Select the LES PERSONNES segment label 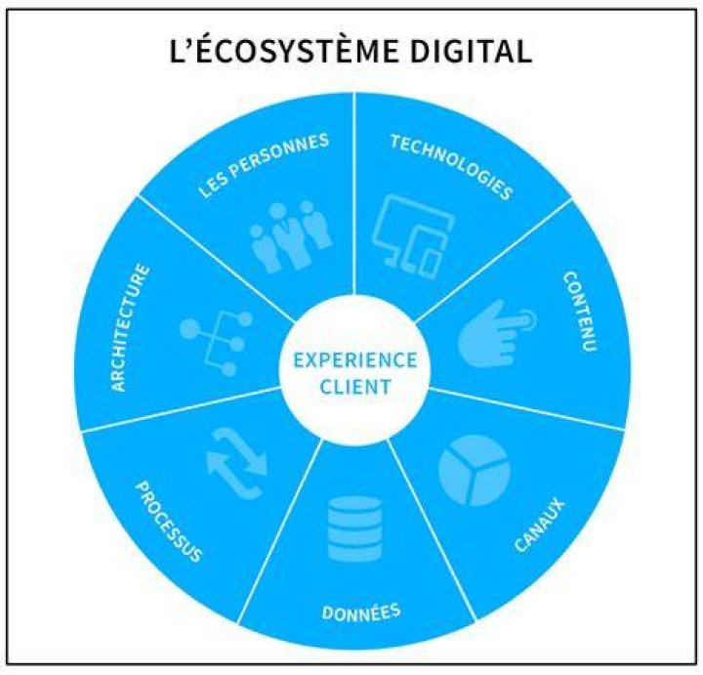pos(264,165)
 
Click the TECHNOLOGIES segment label pos(451,166)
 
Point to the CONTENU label pos(579,312)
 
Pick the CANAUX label pos(539,525)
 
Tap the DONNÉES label pos(361,612)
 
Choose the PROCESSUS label pos(169,522)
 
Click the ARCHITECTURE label pos(130,328)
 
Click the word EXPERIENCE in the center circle pos(355,360)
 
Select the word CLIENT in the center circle pos(355,387)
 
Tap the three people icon pos(291,236)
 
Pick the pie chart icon pos(475,470)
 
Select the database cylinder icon pos(355,528)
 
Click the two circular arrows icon pos(236,463)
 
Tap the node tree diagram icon pos(216,342)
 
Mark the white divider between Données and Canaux pos(433,529)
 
